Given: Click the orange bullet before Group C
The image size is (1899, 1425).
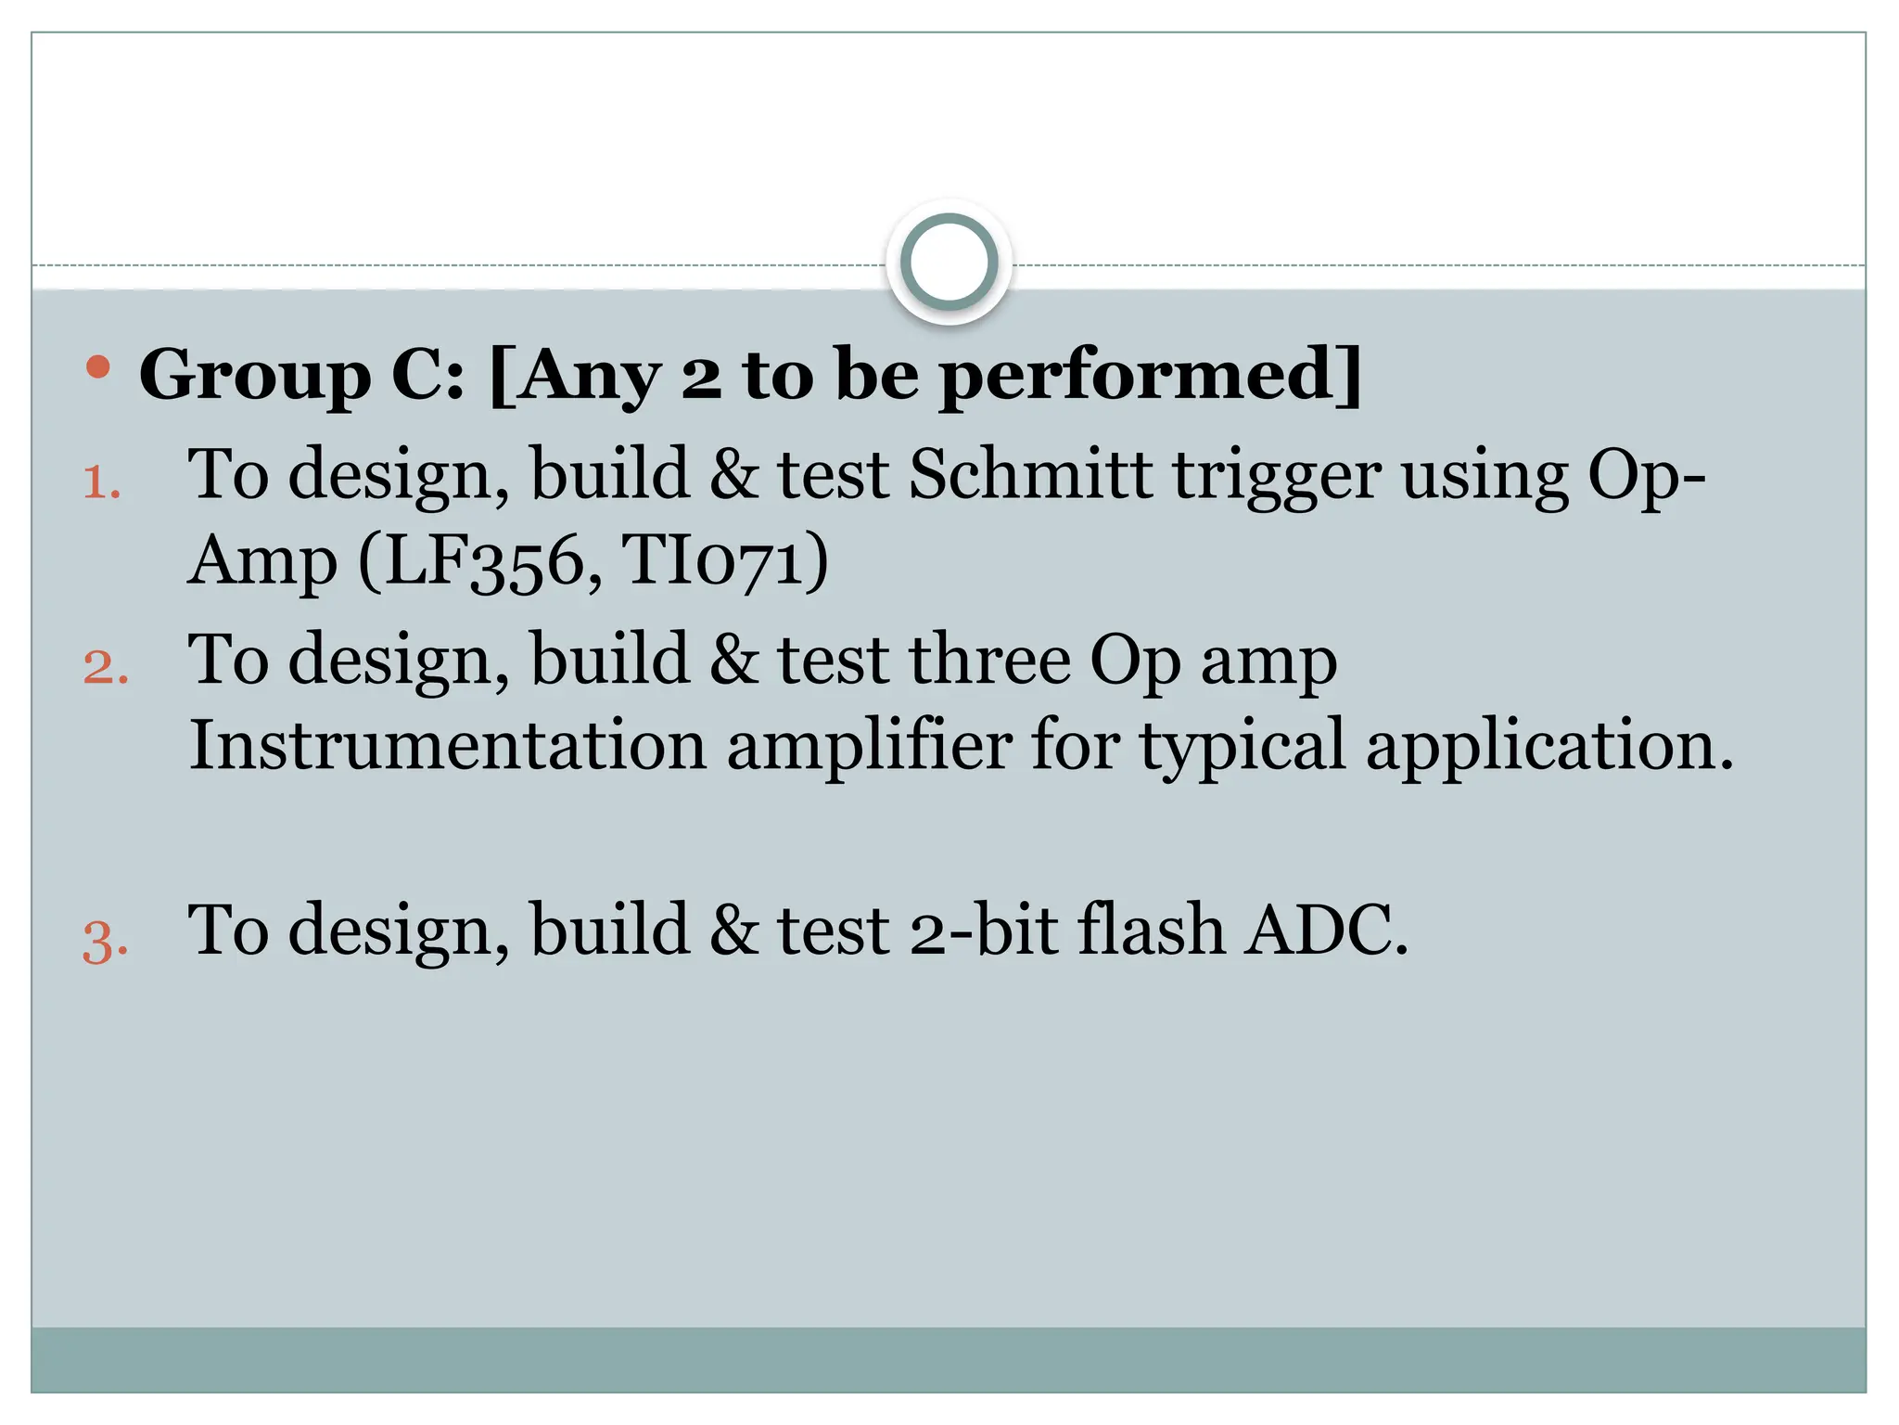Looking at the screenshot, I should pyautogui.click(x=97, y=367).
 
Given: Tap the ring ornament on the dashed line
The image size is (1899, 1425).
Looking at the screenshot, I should pyautogui.click(x=949, y=262).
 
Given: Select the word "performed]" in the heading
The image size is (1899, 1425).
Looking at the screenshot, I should pyautogui.click(x=1151, y=376).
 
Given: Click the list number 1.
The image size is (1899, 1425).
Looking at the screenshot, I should pyautogui.click(x=102, y=483).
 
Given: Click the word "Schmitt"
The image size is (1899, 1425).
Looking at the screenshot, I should pyautogui.click(x=1030, y=474).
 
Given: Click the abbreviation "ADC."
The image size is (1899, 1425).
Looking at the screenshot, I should pyautogui.click(x=1326, y=931).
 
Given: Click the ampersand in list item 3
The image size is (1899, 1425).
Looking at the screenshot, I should pyautogui.click(x=733, y=931).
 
